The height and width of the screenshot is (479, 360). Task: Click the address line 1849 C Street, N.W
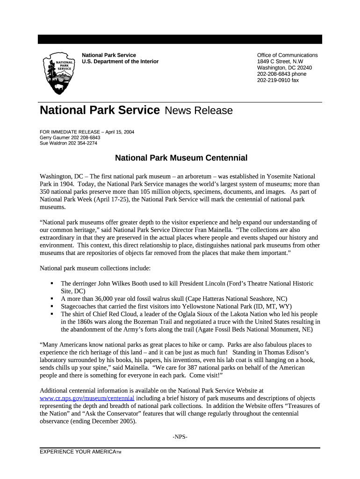tap(280, 61)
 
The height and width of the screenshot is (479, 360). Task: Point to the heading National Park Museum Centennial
tap(181, 158)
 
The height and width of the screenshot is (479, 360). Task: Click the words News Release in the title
tap(198, 111)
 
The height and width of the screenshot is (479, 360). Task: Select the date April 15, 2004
tap(120, 132)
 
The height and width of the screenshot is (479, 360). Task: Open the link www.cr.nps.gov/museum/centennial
tap(87, 398)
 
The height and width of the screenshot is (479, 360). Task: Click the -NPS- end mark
tap(180, 437)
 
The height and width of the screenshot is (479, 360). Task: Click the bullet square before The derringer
tap(52, 283)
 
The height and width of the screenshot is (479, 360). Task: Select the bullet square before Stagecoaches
tap(52, 306)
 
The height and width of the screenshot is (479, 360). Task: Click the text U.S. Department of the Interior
tap(120, 61)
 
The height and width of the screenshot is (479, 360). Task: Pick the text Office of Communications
tap(287, 55)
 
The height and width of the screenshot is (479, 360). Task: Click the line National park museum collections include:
tap(95, 269)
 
